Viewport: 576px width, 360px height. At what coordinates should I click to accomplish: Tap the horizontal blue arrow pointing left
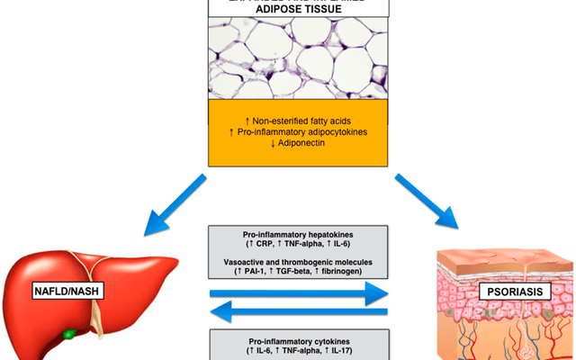(x=298, y=312)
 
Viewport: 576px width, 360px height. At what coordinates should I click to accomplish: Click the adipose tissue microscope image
(x=287, y=59)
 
